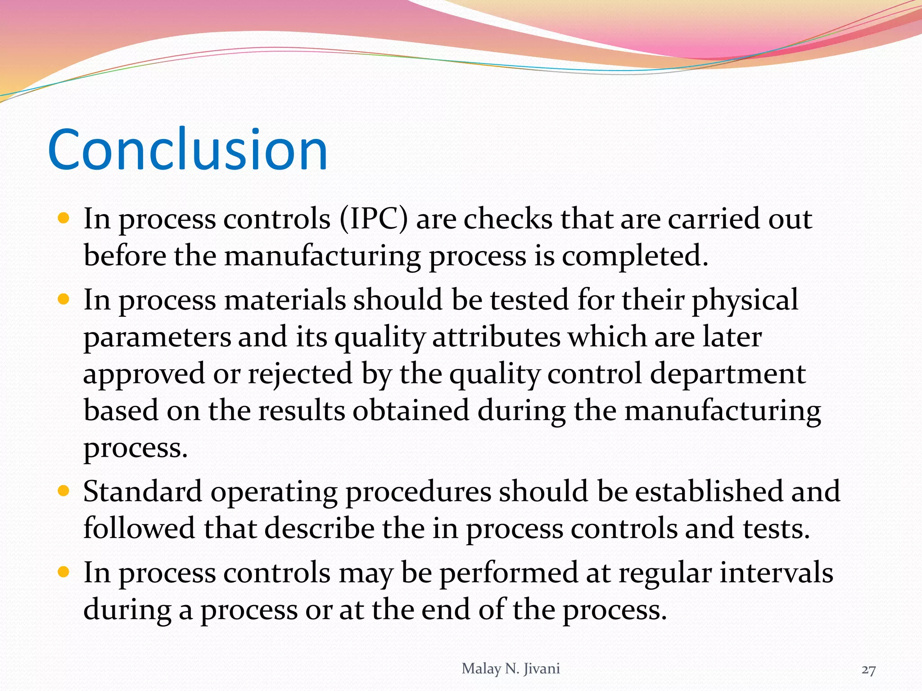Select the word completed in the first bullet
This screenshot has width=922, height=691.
coord(634,256)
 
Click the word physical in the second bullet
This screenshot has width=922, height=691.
coord(745,300)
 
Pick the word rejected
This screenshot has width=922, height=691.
coord(300,374)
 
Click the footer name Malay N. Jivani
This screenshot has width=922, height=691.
coord(511,669)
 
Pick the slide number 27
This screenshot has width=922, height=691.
coord(868,670)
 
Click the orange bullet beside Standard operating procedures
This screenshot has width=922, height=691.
coord(63,491)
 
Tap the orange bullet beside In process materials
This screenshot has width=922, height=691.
coord(63,299)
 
